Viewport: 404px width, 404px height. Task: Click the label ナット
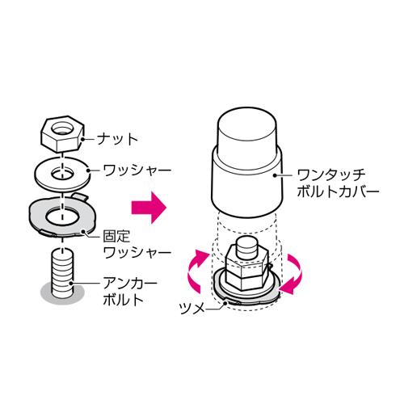pos(117,139)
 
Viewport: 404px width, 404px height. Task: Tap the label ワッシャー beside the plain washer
pos(137,170)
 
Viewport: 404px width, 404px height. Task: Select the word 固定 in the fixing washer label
pos(116,236)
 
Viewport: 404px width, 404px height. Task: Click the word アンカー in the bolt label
pos(130,283)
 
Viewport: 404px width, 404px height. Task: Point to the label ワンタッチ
pos(331,175)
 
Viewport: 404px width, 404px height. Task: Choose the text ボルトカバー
pos(338,192)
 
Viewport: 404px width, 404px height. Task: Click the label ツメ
pos(191,308)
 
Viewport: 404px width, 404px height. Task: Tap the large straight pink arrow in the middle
pos(149,208)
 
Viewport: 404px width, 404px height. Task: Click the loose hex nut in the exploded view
pos(63,134)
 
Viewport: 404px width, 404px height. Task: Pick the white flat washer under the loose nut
pos(62,174)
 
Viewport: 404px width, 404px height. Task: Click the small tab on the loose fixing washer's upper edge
pos(80,196)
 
